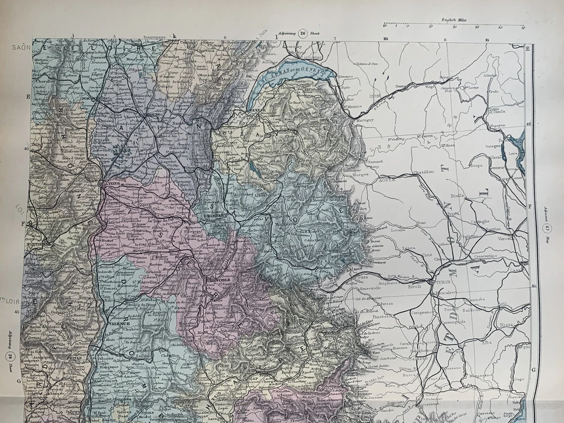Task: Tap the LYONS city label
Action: point(113,183)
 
